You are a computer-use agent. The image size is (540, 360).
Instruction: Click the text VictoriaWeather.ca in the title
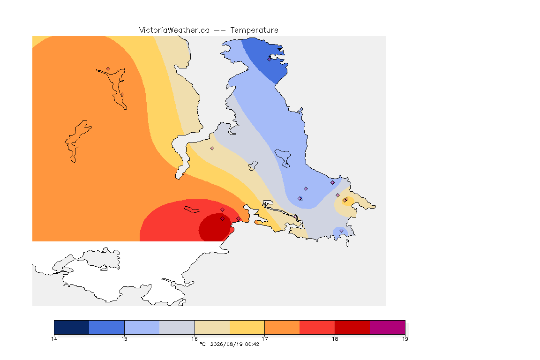[x=174, y=30]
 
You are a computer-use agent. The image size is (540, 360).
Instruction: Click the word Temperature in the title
[x=254, y=30]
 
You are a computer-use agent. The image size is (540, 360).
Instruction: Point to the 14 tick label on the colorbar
[x=54, y=339]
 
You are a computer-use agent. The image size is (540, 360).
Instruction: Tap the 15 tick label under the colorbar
[x=124, y=339]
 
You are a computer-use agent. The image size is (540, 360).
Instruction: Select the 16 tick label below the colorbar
[x=195, y=339]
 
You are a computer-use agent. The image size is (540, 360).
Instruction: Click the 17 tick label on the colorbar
[x=264, y=339]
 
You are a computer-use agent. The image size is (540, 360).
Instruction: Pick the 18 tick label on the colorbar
[x=335, y=339]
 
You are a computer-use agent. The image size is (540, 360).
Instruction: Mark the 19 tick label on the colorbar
[x=405, y=339]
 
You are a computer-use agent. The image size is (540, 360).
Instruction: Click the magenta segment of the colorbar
[x=388, y=327]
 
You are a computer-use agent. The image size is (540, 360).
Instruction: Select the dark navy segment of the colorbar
[x=72, y=327]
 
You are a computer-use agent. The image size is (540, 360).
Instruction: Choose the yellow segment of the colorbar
[x=247, y=327]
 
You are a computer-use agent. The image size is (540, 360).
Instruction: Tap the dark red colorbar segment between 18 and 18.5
[x=352, y=327]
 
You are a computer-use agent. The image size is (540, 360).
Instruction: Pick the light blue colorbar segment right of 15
[x=142, y=327]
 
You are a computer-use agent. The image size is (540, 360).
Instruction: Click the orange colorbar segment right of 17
[x=282, y=327]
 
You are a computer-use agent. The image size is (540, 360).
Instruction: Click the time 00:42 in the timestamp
[x=252, y=344]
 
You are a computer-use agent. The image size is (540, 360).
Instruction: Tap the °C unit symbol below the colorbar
[x=202, y=344]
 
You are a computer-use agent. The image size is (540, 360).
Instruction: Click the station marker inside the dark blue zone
[x=270, y=59]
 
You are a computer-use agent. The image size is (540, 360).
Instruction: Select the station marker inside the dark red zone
[x=223, y=219]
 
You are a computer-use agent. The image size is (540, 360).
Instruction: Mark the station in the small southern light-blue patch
[x=341, y=231]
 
